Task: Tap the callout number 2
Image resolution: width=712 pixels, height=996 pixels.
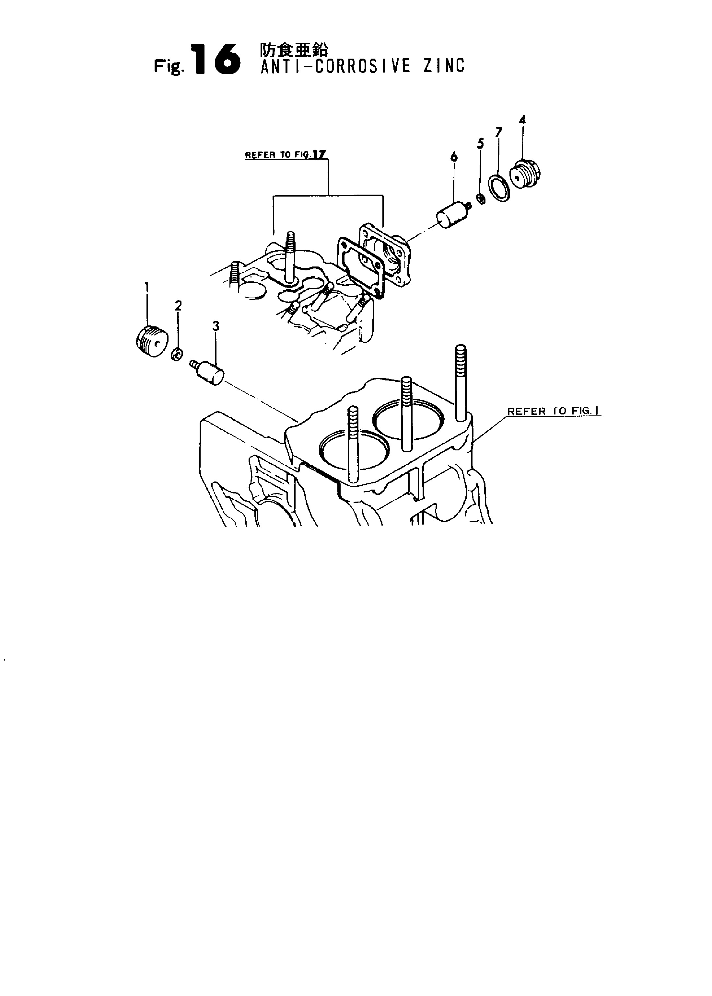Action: click(178, 306)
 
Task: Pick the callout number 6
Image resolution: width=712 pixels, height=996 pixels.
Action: click(454, 156)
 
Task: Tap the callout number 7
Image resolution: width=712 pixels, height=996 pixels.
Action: click(498, 132)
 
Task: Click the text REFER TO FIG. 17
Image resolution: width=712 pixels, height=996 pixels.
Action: click(287, 154)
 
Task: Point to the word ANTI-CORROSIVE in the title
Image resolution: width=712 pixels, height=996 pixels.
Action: click(335, 66)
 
